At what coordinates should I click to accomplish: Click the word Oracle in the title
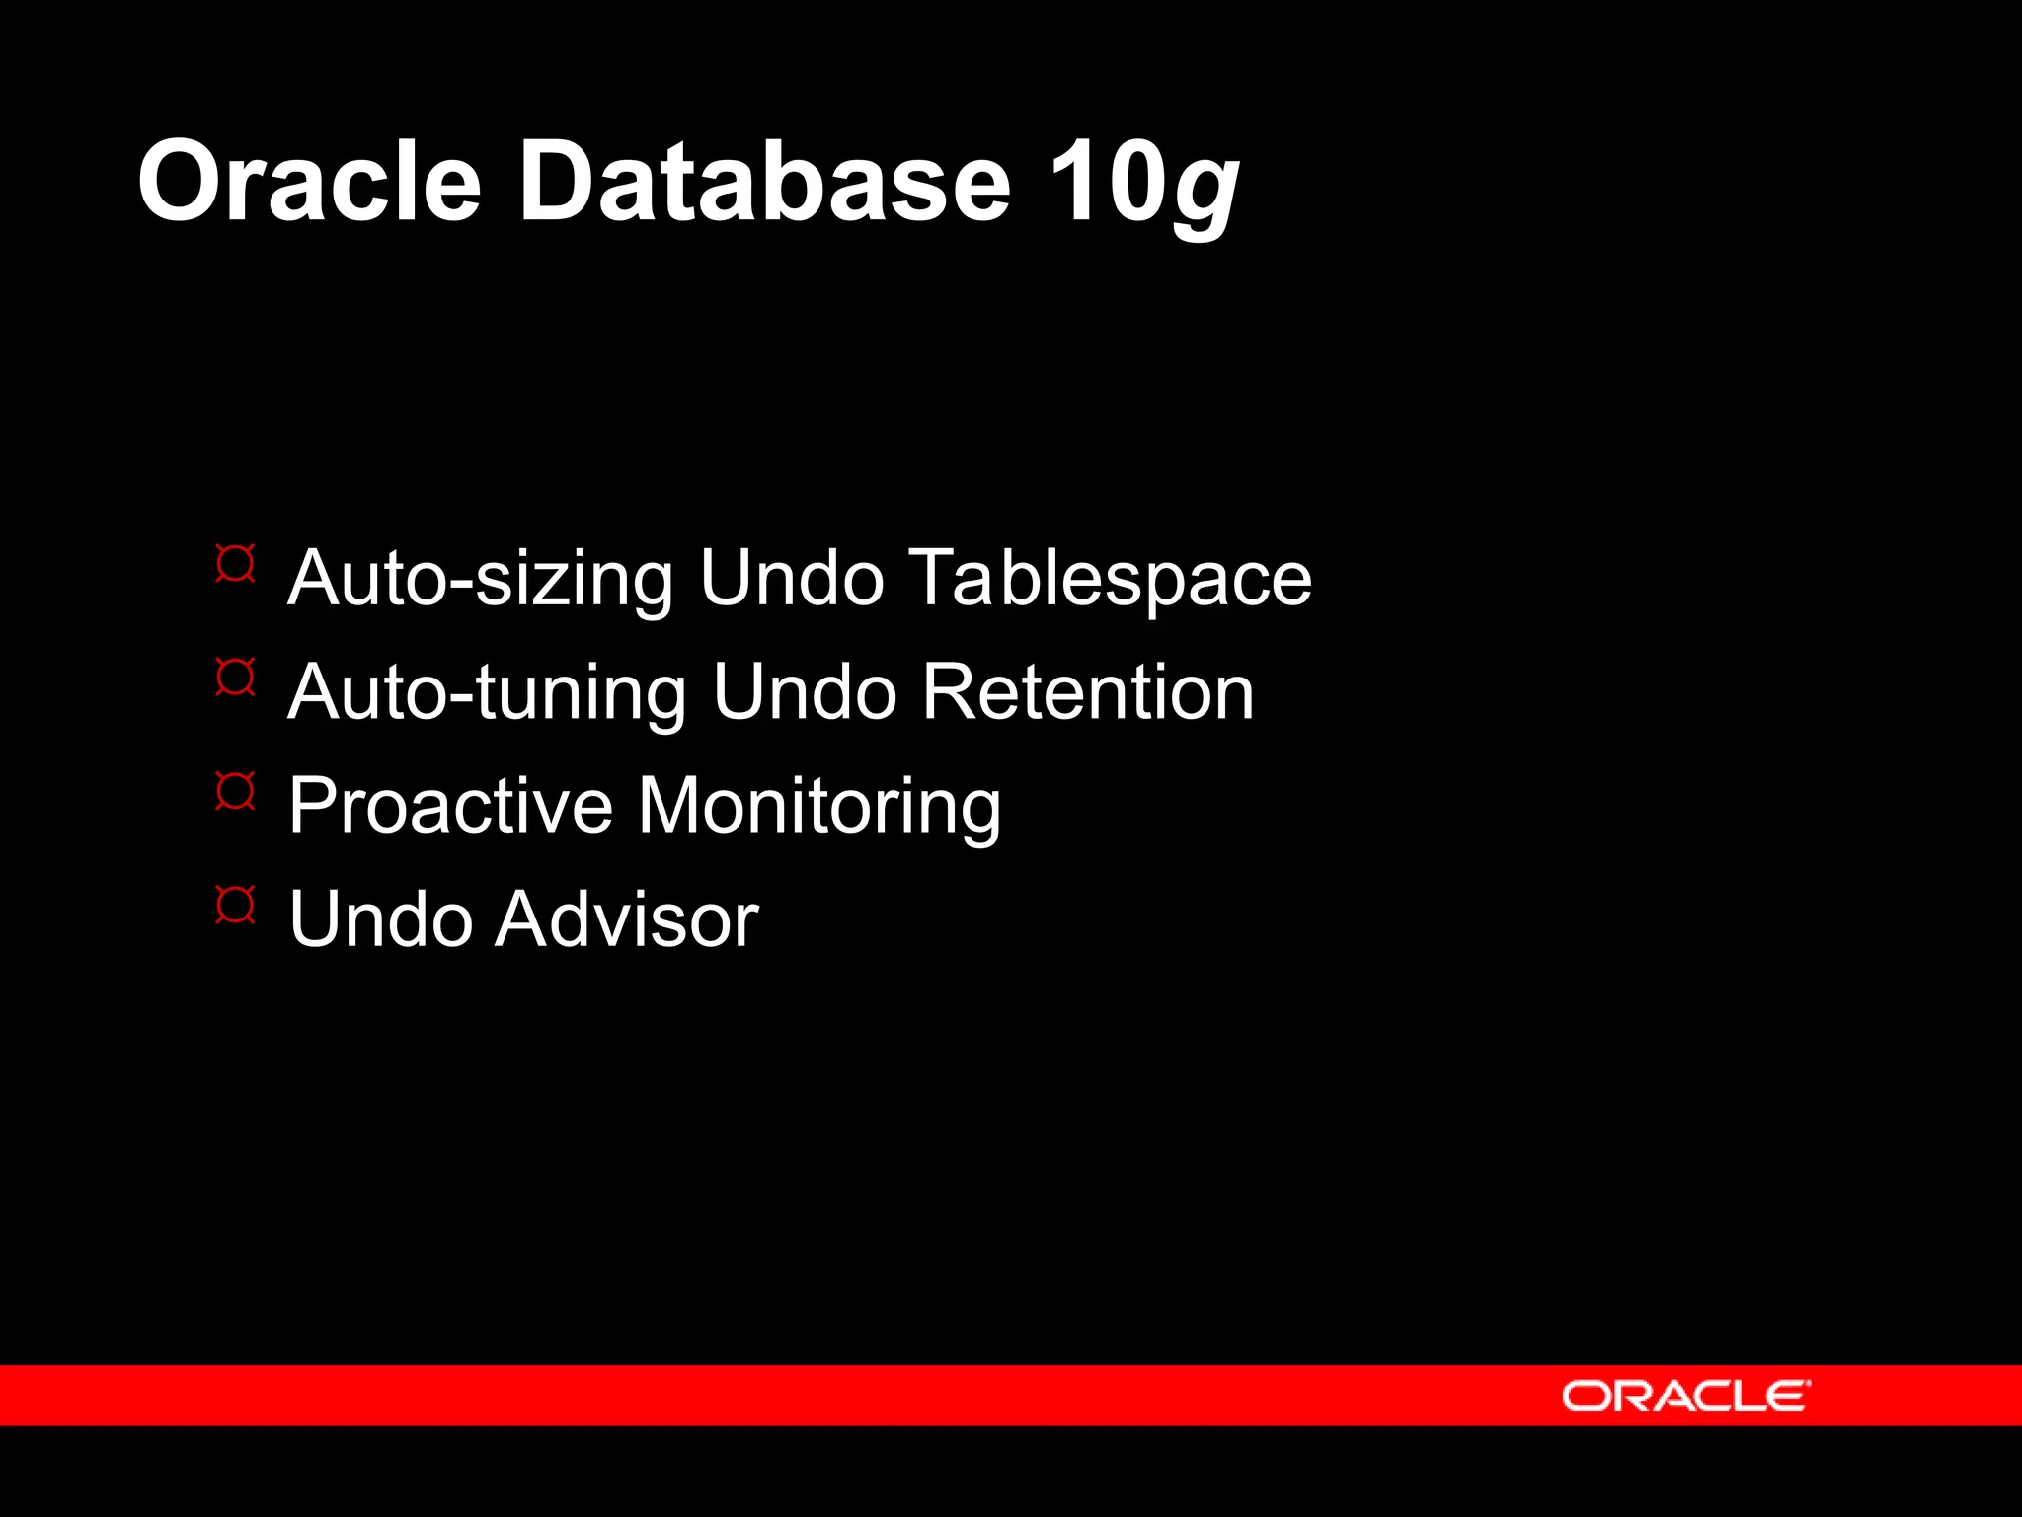coord(309,182)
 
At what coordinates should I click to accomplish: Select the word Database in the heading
coord(765,182)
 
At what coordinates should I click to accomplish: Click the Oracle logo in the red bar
coord(1684,1397)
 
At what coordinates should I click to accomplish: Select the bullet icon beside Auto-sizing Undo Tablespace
coord(236,563)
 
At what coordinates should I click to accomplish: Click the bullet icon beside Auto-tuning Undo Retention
coord(236,678)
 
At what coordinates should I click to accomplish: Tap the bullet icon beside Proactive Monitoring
coord(236,791)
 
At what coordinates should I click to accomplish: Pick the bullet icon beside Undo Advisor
coord(236,905)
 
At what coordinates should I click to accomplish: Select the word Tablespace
coord(1110,581)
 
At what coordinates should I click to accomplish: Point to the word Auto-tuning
coord(488,693)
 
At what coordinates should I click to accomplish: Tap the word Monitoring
coord(819,808)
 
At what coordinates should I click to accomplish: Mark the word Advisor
coord(628,919)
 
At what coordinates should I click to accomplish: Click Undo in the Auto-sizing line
coord(792,579)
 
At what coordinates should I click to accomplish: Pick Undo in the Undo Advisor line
coord(380,919)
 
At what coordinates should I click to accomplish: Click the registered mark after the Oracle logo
coord(1808,1384)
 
